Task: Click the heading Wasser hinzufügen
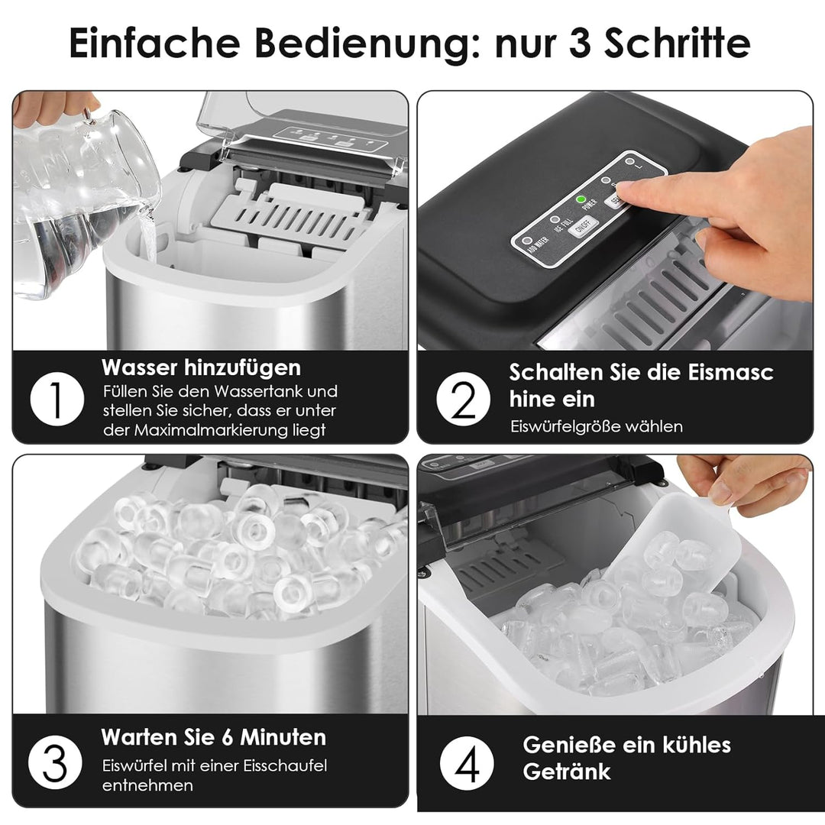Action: pyautogui.click(x=201, y=367)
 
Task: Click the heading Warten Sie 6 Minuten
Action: pyautogui.click(x=213, y=737)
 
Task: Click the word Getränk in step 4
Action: pyautogui.click(x=567, y=771)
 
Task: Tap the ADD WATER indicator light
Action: pyautogui.click(x=533, y=235)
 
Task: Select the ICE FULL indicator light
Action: pyautogui.click(x=556, y=218)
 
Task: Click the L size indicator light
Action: pyautogui.click(x=629, y=163)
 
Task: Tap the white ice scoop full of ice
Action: pyautogui.click(x=672, y=558)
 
